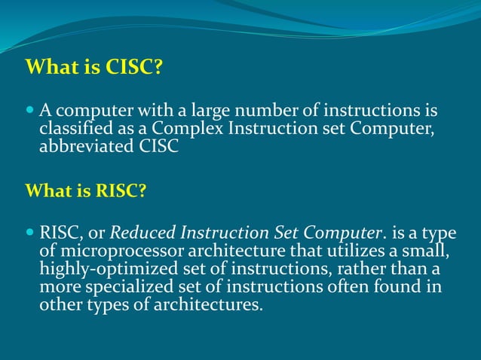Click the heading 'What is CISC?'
click(94, 68)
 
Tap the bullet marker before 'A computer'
click(30, 110)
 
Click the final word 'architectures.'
click(213, 306)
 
